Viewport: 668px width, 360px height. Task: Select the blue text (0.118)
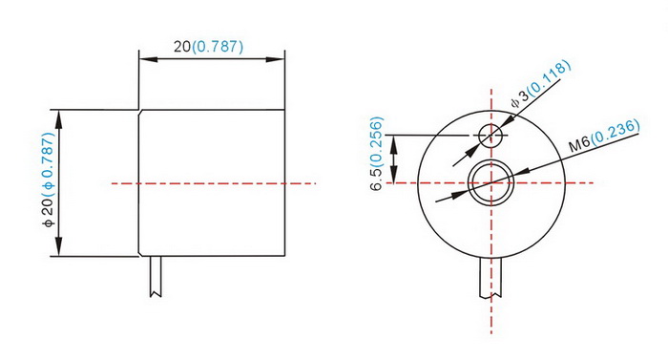(x=550, y=77)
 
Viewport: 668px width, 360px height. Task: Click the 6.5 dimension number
(x=377, y=180)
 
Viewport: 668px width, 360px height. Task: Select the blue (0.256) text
(x=377, y=142)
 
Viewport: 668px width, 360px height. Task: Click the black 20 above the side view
(x=182, y=46)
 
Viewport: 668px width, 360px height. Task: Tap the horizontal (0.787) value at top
(x=218, y=47)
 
